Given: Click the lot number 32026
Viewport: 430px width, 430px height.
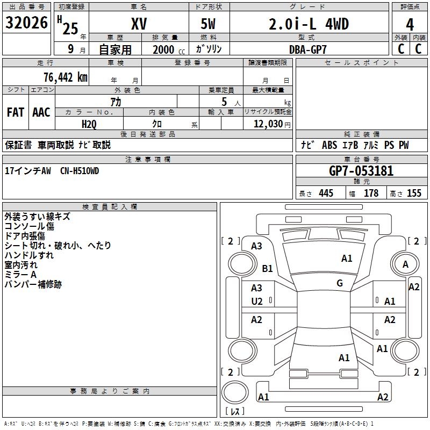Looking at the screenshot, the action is tap(27, 23).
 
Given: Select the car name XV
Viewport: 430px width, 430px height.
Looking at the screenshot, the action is tap(139, 25).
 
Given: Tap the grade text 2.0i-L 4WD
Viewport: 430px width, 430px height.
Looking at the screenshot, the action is tap(309, 25).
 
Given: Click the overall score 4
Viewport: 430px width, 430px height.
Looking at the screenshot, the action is tap(410, 25).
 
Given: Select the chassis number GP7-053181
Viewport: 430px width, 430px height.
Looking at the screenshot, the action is tap(361, 171).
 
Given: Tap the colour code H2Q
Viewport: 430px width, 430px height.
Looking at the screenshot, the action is tap(89, 124).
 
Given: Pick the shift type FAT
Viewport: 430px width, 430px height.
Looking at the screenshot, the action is tap(16, 112).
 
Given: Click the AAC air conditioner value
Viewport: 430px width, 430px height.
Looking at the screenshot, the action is tap(41, 112).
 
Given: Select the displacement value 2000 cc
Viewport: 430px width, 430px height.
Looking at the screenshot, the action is tap(166, 49).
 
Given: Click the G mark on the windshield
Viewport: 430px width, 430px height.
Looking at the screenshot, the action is tap(340, 283).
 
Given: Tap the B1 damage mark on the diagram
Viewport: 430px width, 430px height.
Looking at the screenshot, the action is tap(268, 268).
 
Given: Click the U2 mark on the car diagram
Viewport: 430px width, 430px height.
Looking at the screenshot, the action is tap(257, 302).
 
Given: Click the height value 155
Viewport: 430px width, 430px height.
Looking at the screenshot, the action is tap(414, 193).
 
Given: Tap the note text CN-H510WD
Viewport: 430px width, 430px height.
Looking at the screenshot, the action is tap(80, 171).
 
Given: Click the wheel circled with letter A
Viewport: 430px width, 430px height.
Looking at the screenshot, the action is tap(405, 264).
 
